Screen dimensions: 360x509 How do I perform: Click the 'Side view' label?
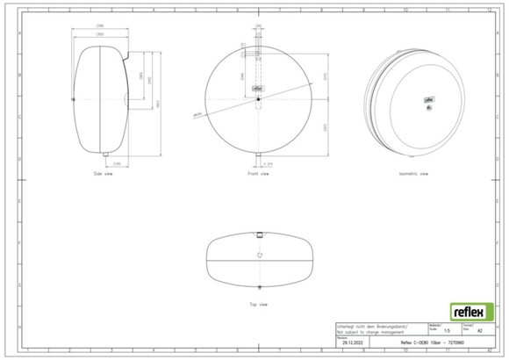coord(104,174)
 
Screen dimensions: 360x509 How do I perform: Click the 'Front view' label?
coord(258,174)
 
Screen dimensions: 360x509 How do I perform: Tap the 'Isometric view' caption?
coord(413,174)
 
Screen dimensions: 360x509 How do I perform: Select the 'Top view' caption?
coord(258,304)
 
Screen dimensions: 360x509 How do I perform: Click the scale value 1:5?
coord(448,331)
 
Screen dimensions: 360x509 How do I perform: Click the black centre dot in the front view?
coord(258,99)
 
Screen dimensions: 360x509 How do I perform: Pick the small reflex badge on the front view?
coord(258,89)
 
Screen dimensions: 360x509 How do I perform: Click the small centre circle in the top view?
coord(258,255)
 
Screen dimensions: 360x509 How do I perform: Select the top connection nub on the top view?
coord(258,234)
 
